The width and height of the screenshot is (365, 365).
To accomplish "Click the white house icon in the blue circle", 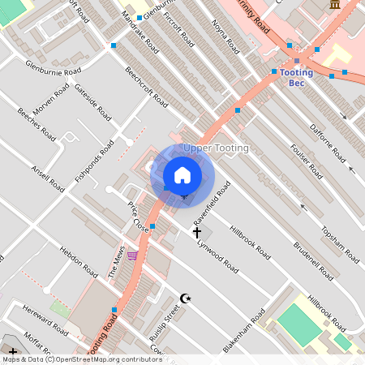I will pos(182,174).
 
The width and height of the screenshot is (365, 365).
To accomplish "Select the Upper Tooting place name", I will pos(216,148).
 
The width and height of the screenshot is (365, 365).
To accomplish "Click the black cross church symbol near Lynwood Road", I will pos(196,234).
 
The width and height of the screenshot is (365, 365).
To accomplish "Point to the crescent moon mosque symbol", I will pos(185,298).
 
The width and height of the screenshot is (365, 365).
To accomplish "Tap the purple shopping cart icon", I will pos(132,255).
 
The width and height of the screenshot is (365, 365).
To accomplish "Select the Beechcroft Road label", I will pos(146,87).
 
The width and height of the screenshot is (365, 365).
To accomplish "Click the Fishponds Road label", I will pos(95,160).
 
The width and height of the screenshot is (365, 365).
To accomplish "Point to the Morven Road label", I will pos(51,98).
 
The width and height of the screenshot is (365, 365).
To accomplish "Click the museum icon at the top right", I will pos(335,6).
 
